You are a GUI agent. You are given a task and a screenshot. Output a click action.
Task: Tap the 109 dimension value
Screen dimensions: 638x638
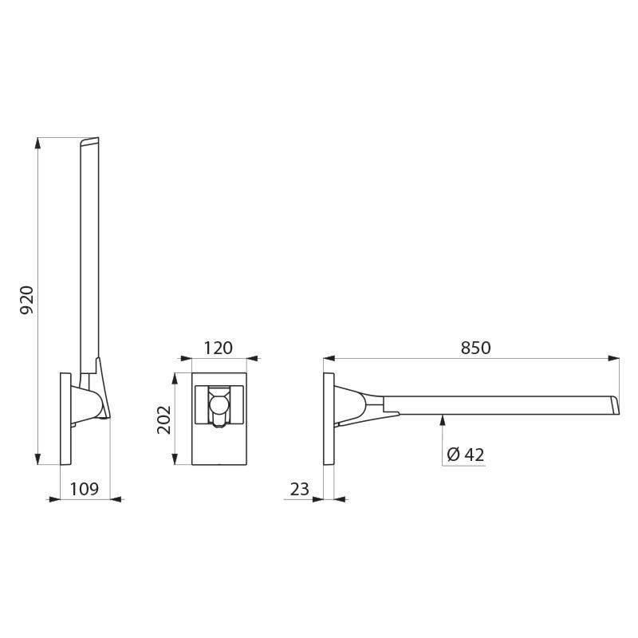[x=85, y=489]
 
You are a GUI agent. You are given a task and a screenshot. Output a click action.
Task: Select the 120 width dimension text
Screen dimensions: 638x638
[x=218, y=348]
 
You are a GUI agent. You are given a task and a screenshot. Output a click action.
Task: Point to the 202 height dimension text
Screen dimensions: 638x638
[x=164, y=419]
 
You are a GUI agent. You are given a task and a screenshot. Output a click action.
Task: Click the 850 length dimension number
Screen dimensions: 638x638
[x=475, y=348]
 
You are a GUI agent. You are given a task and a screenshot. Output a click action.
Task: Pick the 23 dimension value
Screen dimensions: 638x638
[x=300, y=489]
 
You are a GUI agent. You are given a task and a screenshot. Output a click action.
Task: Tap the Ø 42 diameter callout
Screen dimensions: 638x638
[x=466, y=455]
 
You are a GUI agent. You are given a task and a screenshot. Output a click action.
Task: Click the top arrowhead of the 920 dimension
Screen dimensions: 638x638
[x=38, y=143]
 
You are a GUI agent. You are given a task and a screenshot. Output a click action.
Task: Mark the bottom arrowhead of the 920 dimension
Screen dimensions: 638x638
[x=38, y=459]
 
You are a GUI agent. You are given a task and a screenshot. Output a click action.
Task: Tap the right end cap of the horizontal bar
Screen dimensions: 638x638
[x=614, y=404]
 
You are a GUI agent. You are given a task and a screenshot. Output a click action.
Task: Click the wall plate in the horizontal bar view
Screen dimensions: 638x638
[x=329, y=419]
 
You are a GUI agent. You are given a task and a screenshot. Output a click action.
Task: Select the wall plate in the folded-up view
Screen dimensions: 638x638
[x=67, y=419]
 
